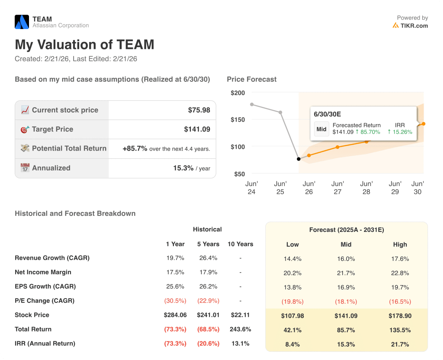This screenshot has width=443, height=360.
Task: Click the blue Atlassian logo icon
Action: tap(22, 22)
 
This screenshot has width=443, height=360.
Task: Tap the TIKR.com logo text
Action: tap(414, 26)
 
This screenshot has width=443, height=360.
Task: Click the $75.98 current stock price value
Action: tap(199, 110)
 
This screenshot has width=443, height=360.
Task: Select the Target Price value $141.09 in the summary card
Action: tap(197, 129)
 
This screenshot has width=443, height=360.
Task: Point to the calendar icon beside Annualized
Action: tap(25, 168)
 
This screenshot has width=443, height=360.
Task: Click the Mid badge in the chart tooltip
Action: tap(321, 129)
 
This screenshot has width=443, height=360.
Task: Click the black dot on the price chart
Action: tap(299, 159)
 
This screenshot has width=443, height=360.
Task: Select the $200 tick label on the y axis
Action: tap(238, 93)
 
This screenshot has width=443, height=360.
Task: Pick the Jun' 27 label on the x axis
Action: tap(337, 188)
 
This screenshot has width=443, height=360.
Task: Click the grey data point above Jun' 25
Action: tap(280, 112)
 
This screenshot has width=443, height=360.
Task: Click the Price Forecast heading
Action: tap(252, 79)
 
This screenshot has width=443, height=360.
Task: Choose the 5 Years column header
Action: tap(208, 244)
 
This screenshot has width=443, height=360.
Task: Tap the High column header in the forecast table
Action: tap(400, 244)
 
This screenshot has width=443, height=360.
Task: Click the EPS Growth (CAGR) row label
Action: tap(45, 286)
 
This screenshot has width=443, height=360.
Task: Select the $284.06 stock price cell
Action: tap(175, 315)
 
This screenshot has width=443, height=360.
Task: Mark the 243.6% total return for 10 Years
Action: tap(240, 329)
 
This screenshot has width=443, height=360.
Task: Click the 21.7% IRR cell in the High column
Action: tap(400, 344)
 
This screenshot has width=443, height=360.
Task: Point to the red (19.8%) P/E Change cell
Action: tap(292, 302)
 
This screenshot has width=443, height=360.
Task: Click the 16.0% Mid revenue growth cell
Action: tap(346, 259)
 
